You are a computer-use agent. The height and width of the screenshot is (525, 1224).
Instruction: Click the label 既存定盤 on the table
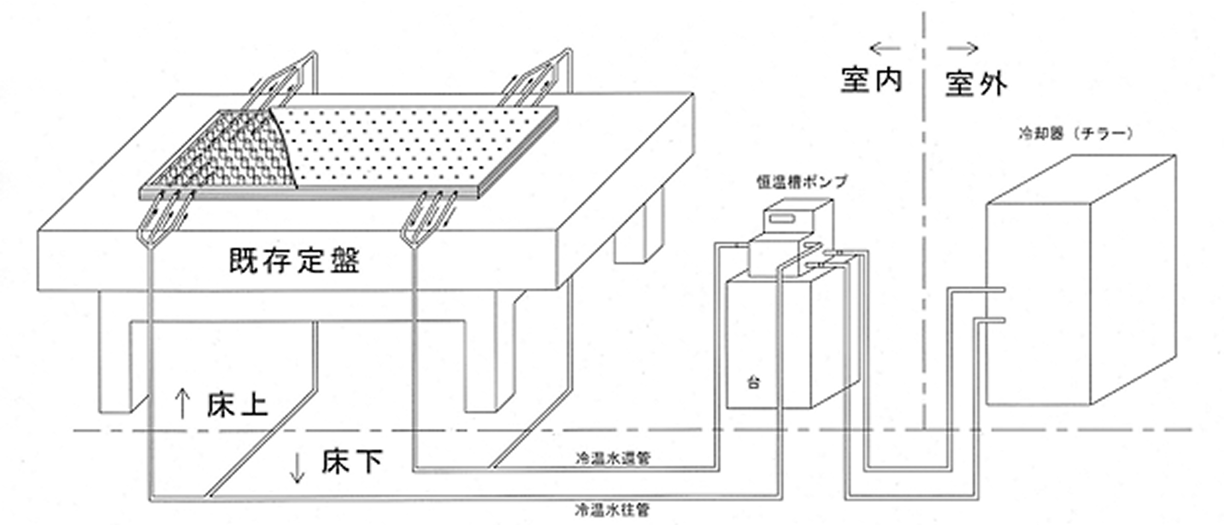(295, 261)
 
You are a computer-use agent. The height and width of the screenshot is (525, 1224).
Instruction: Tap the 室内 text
(871, 80)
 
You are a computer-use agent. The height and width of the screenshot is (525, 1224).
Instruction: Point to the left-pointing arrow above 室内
(885, 49)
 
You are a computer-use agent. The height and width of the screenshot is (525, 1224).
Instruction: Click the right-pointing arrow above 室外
(963, 49)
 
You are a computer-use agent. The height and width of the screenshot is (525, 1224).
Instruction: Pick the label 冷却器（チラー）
(1075, 133)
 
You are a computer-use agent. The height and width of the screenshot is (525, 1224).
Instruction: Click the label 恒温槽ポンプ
(802, 182)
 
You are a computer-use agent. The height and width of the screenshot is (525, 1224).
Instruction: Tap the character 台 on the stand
(754, 382)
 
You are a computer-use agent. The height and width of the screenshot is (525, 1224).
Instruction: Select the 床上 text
(237, 405)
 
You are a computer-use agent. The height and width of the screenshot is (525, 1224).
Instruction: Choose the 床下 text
(351, 462)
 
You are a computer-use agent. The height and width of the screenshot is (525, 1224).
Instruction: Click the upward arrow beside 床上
(182, 404)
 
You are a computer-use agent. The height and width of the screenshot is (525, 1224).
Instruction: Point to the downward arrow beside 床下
(297, 468)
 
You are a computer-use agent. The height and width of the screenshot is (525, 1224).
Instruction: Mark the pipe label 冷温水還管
(613, 458)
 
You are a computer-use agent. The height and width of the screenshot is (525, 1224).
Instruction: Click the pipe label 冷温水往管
(613, 511)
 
